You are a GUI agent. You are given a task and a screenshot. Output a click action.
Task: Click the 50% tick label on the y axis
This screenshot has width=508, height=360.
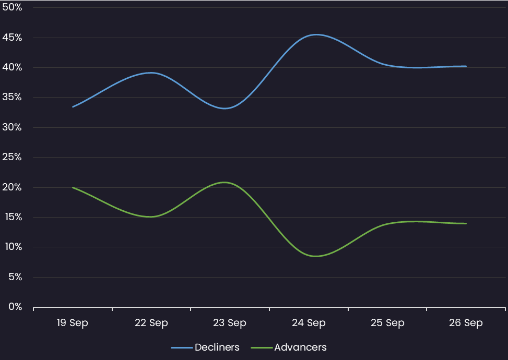pos(11,8)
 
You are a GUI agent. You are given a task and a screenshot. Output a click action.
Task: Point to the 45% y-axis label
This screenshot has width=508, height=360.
pos(11,38)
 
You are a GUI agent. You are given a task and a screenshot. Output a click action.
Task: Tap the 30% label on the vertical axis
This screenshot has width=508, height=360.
pos(11,127)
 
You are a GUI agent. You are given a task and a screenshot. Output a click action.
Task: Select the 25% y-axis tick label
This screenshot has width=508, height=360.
pos(11,157)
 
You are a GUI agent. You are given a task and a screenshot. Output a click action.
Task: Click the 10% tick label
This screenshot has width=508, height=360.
pos(11,247)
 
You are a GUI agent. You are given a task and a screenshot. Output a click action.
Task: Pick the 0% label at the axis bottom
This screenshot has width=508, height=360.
pos(15,307)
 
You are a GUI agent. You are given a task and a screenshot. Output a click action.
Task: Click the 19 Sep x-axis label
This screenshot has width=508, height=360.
pos(73,323)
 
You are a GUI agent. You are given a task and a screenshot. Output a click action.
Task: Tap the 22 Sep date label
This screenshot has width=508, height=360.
pos(151,323)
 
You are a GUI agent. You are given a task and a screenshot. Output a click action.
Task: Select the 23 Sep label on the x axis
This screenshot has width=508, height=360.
pos(230,323)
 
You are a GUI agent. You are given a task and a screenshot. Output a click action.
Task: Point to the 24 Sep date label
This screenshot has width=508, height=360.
pos(309,323)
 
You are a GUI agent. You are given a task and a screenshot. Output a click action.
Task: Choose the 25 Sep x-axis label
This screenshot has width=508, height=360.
pos(387,323)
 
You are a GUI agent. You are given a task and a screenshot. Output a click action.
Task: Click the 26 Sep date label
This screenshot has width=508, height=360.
pos(466,323)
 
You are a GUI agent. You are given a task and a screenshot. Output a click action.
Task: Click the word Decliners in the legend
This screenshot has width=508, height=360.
pos(217,347)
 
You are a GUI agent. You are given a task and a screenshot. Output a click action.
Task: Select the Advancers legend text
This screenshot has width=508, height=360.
pos(300,347)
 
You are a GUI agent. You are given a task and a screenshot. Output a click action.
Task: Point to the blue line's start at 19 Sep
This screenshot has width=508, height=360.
pos(73,106)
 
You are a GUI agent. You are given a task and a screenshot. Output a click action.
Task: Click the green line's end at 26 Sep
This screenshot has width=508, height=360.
pos(466,223)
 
